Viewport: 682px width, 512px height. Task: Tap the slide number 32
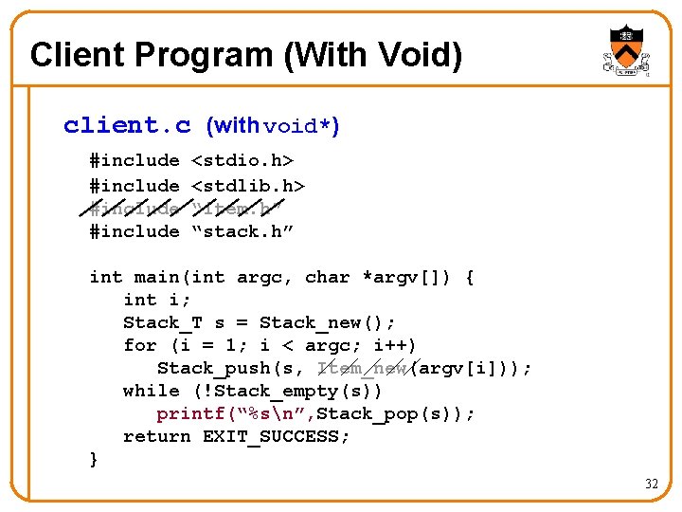[651, 484]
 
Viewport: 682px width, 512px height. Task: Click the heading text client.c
[127, 125]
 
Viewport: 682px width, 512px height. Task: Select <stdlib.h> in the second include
[248, 185]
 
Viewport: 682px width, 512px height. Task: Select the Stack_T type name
[157, 322]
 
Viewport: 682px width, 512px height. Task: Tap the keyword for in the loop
[139, 345]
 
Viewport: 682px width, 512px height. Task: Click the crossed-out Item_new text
[362, 368]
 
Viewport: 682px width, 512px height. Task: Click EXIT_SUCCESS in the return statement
[276, 436]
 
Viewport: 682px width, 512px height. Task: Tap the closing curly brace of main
[93, 459]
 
